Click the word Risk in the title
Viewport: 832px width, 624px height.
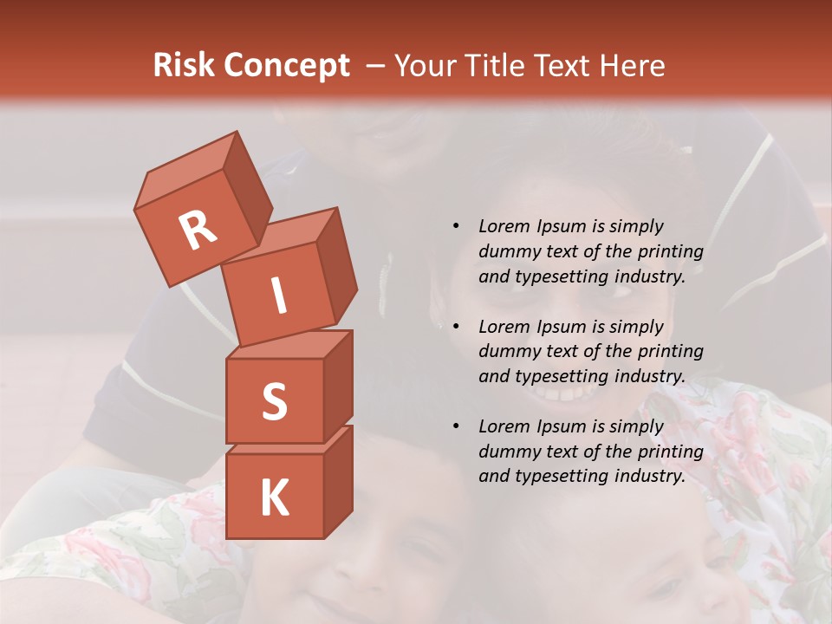click(185, 65)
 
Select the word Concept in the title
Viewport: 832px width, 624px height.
click(287, 66)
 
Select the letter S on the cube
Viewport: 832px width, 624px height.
click(274, 401)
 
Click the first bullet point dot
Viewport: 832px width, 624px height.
click(457, 226)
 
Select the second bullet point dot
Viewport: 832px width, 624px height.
click(457, 327)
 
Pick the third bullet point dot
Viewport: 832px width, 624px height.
click(457, 426)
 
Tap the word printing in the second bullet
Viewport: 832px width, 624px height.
click(670, 351)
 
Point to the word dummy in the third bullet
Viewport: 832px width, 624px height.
click(507, 452)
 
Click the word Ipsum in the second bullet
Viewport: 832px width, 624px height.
click(562, 327)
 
